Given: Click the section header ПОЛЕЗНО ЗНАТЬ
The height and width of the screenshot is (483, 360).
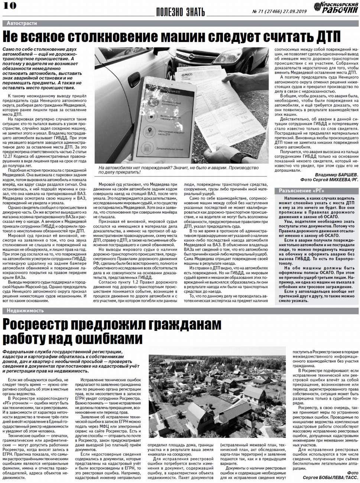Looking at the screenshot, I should (180, 12).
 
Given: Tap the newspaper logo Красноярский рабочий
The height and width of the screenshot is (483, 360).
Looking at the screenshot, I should (335, 7).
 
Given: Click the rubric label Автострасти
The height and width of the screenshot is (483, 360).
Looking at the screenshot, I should (22, 23).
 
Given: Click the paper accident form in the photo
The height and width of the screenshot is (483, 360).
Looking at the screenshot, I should (238, 111).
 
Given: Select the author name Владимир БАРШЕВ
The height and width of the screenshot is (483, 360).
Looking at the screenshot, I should (336, 175).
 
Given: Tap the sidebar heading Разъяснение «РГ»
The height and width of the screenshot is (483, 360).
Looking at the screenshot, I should (301, 191).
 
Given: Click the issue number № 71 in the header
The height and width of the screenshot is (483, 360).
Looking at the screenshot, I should (260, 12).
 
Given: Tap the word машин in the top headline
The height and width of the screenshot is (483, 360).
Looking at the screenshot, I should (184, 37).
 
